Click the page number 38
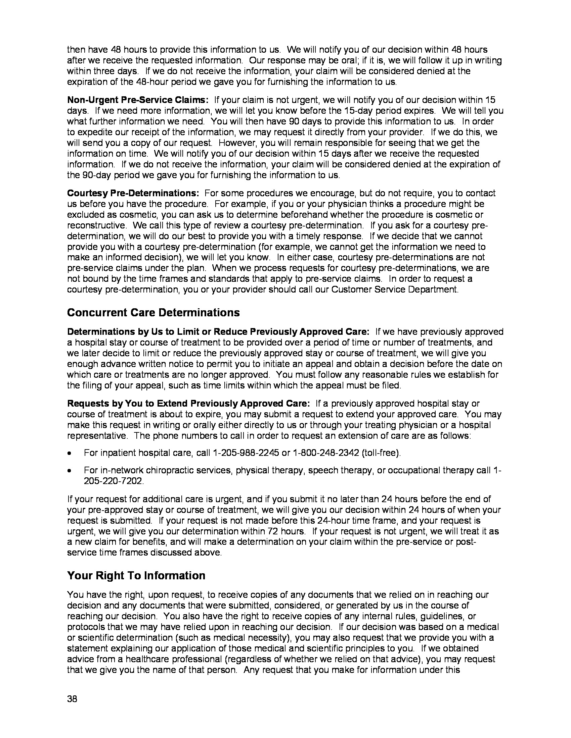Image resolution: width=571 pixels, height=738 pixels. tap(72, 699)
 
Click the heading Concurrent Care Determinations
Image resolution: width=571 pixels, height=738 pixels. tap(153, 313)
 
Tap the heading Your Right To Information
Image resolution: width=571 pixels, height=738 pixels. tap(136, 575)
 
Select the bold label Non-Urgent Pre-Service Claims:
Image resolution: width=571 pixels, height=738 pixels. tap(138, 100)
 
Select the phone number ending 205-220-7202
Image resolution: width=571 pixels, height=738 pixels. tap(113, 481)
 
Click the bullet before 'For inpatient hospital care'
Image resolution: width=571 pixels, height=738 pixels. tap(70, 453)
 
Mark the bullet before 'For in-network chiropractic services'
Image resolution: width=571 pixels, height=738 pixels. tap(70, 471)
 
